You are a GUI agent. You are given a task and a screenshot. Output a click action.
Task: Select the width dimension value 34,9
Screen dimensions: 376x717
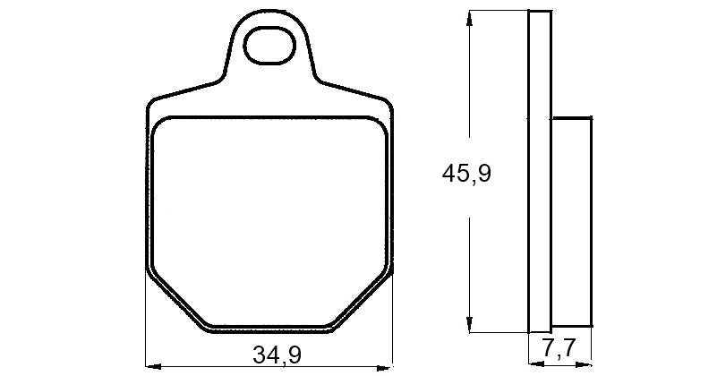[277, 355]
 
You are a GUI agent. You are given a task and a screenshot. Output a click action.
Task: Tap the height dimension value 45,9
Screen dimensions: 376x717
[466, 173]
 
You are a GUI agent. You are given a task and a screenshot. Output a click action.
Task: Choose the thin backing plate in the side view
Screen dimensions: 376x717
[540, 170]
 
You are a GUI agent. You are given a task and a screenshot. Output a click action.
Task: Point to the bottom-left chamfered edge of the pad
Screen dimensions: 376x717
[175, 300]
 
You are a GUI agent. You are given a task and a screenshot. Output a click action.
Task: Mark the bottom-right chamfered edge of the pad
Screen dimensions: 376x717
[363, 300]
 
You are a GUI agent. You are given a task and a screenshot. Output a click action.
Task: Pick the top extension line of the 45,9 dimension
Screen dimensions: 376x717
[497, 10]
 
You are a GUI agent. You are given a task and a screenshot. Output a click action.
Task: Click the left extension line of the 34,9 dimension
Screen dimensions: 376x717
[145, 322]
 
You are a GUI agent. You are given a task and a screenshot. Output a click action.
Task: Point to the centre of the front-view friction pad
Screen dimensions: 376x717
[269, 219]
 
